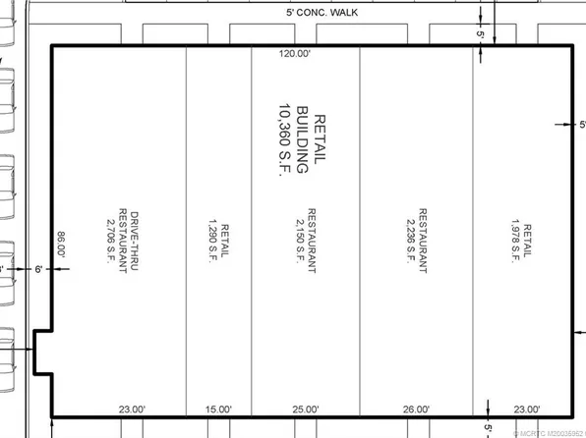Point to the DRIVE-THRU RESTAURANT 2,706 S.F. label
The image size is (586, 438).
pos(123,244)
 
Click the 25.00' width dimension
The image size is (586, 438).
pos(305,409)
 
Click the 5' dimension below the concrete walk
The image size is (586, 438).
pos(481,34)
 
